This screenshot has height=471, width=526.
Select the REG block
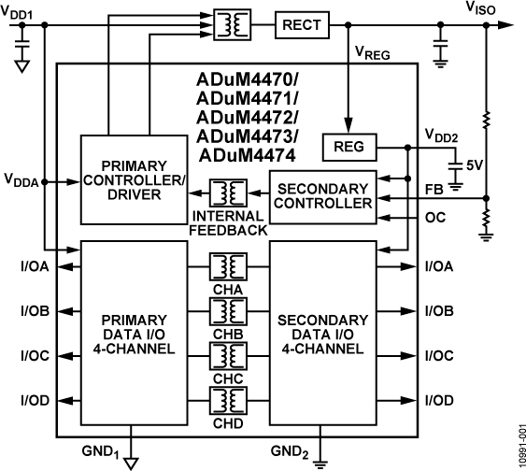click(348, 147)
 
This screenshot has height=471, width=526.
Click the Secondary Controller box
click(322, 193)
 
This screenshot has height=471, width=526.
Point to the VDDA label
click(21, 179)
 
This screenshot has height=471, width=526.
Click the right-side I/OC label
click(439, 355)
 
